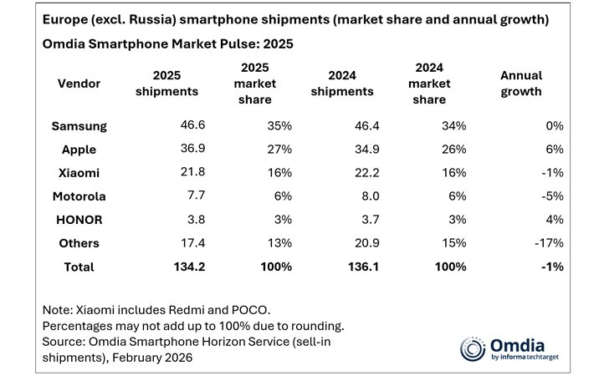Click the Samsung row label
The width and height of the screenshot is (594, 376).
pos(79,126)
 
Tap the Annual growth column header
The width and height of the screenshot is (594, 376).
pos(520,84)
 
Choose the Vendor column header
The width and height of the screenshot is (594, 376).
pos(79,84)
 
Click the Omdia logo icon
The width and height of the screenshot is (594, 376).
pos(473,348)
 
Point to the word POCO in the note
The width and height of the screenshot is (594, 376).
pos(255,310)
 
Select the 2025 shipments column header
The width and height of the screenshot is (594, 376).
pos(166,84)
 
